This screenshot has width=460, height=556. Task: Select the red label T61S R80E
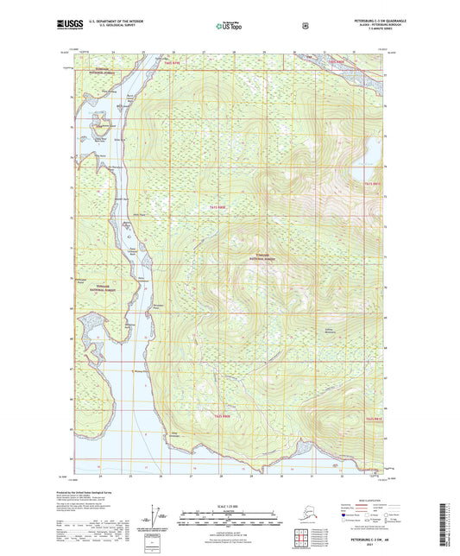pos(220,207)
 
